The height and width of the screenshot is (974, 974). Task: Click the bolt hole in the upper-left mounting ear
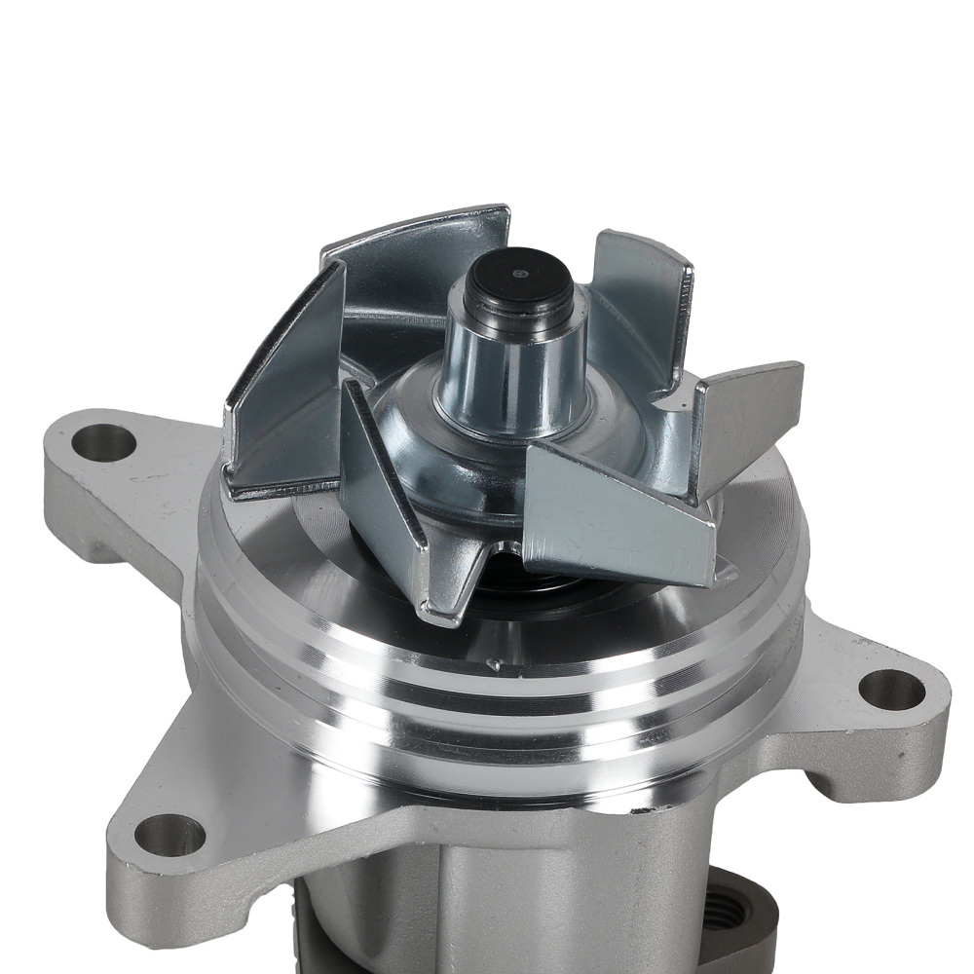pyautogui.click(x=103, y=441)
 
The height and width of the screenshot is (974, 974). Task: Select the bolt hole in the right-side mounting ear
pyautogui.click(x=891, y=690)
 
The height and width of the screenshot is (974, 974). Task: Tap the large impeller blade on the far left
pyautogui.click(x=282, y=390)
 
